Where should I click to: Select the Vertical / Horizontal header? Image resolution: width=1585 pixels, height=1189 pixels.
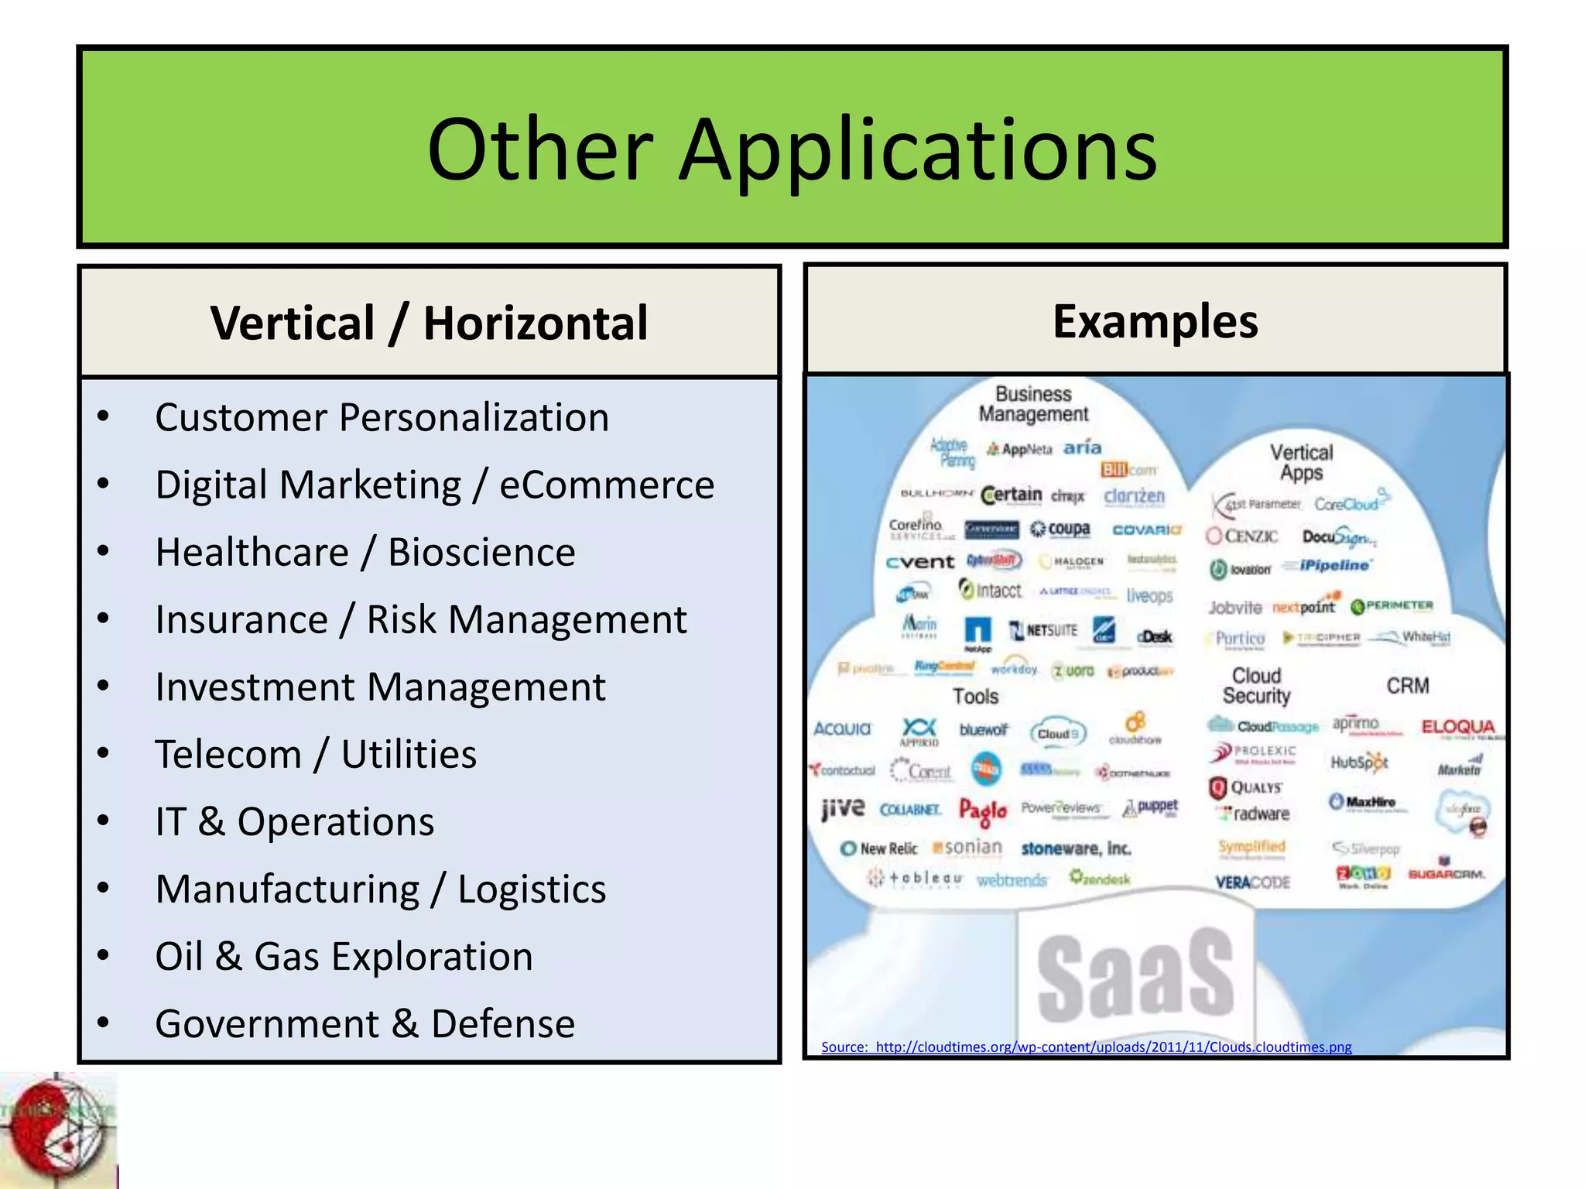click(429, 323)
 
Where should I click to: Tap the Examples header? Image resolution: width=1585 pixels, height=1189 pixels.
click(1155, 321)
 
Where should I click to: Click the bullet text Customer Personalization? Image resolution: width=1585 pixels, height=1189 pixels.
click(382, 418)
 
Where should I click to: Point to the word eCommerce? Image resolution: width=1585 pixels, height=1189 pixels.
click(607, 485)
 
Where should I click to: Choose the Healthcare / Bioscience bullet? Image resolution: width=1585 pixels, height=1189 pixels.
click(365, 553)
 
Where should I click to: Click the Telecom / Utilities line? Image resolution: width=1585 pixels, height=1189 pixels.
click(315, 755)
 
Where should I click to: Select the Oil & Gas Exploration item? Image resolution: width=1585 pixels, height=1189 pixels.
click(344, 957)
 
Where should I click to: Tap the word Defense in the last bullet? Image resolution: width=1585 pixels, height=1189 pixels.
click(503, 1024)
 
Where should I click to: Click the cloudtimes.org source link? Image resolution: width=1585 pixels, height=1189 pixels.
click(1086, 1047)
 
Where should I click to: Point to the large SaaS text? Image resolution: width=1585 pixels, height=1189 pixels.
click(1135, 977)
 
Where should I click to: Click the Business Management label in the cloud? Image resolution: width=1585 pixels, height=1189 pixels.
click(1033, 404)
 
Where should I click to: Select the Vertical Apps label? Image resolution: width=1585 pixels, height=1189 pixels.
click(1301, 462)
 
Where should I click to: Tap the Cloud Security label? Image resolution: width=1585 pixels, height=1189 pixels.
click(1256, 686)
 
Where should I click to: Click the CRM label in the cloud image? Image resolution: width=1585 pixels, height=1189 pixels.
click(1407, 686)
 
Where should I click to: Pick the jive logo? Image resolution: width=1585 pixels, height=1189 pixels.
click(843, 808)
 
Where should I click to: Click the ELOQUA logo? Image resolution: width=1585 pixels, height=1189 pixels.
click(1457, 727)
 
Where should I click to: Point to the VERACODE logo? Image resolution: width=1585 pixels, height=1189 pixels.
click(1252, 882)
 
